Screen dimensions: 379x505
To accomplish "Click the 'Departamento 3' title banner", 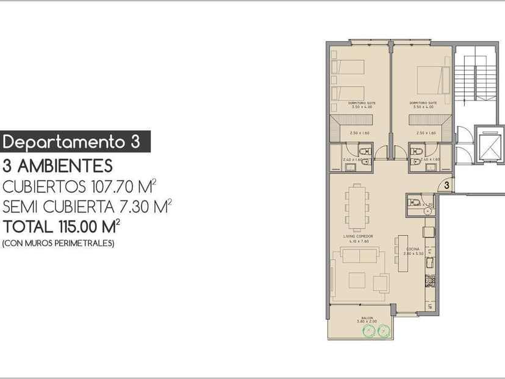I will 76,142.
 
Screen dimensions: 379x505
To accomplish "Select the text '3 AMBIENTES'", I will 57,165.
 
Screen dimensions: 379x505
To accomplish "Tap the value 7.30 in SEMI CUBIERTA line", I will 132,207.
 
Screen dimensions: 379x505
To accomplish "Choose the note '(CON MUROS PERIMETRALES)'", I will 59,243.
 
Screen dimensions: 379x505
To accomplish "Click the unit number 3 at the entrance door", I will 446,184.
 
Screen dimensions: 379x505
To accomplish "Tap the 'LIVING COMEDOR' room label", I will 358,236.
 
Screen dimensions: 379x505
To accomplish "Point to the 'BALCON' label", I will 367,318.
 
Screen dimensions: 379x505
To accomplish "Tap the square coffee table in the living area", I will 357,280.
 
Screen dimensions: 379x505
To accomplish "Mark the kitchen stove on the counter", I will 429,281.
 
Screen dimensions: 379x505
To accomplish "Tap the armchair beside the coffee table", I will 382,283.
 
